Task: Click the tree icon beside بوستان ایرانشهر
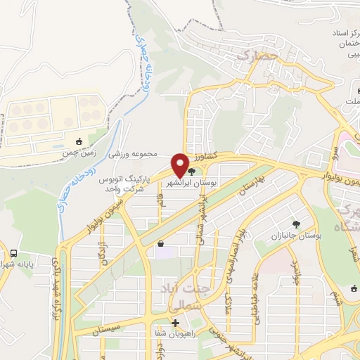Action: [193, 171]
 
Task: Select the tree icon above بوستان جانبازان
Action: [297, 225]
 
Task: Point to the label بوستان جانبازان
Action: [297, 237]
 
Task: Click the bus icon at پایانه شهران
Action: [15, 252]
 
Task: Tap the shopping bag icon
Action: [162, 244]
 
